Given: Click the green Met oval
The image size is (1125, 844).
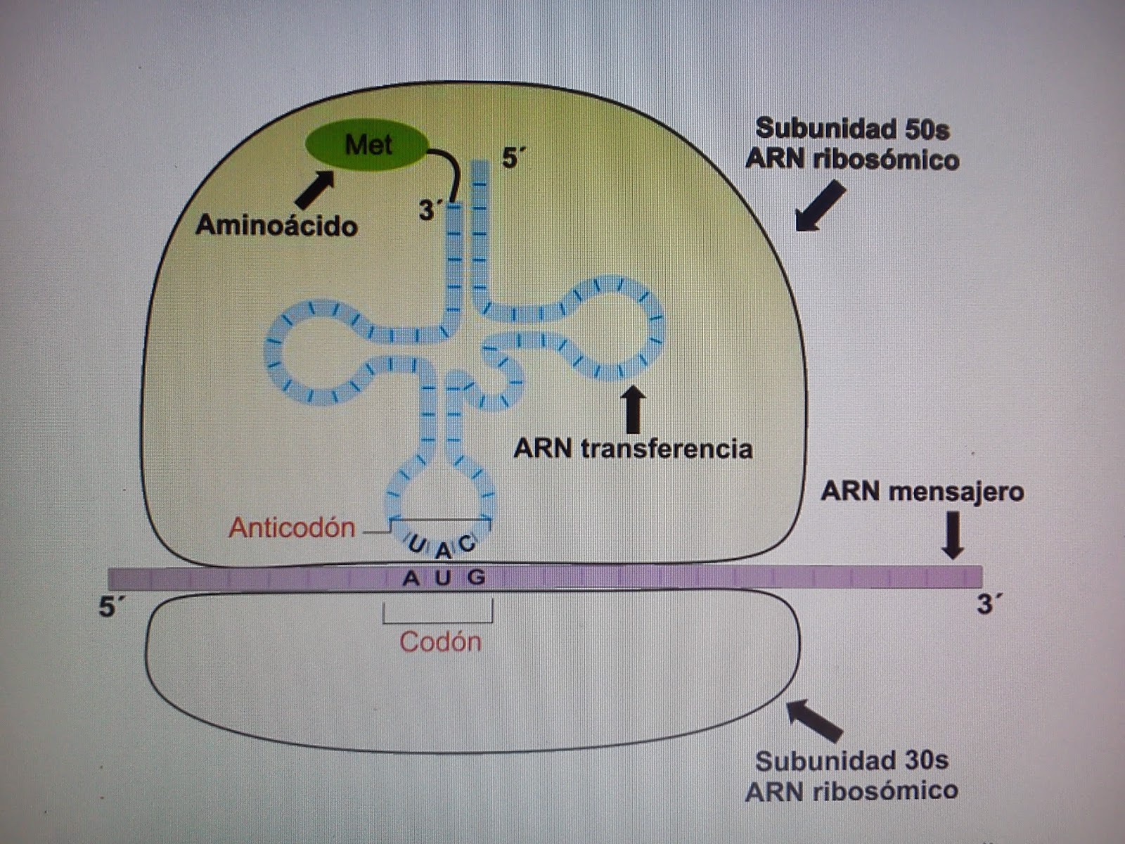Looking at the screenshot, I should [x=366, y=146].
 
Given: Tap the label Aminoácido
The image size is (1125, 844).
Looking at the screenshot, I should [x=276, y=226].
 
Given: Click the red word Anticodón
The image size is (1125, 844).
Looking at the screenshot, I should [x=292, y=527].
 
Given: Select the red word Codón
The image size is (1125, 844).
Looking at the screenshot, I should [x=440, y=641].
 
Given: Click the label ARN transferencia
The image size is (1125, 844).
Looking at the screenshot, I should [x=633, y=448].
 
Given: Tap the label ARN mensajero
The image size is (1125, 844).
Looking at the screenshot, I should [x=922, y=491].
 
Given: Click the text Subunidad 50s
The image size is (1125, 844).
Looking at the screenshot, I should [x=852, y=129].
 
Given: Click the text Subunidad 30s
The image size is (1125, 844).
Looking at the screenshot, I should [x=851, y=760].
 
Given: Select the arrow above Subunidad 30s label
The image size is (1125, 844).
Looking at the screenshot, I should [x=814, y=720].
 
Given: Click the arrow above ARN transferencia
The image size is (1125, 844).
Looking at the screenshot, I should [x=634, y=409].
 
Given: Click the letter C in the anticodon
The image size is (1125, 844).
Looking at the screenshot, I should [x=468, y=543].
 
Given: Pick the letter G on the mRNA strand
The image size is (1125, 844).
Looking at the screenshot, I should [x=477, y=577].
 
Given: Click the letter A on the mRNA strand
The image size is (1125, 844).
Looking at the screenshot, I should [x=411, y=578].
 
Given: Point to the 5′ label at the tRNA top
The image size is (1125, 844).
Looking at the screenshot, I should [x=513, y=158].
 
